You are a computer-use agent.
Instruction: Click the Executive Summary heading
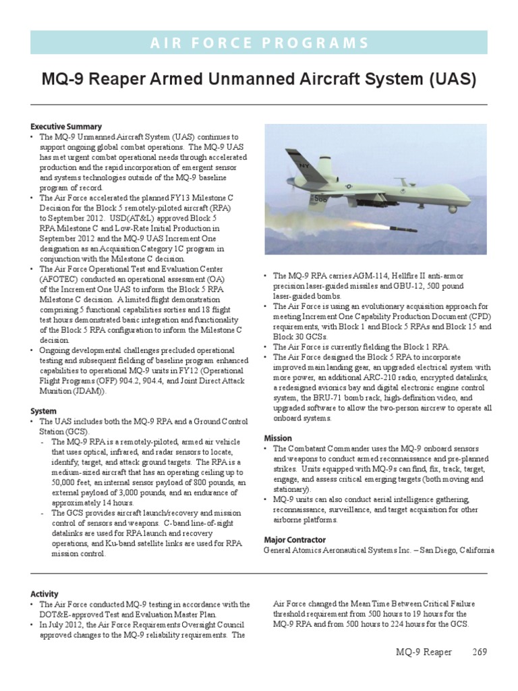click(66, 126)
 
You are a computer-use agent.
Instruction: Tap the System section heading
click(43, 411)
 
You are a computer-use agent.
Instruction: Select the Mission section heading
click(277, 438)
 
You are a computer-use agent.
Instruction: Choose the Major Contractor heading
click(295, 540)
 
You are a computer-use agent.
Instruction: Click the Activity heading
click(45, 594)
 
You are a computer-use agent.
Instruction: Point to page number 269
click(480, 652)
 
